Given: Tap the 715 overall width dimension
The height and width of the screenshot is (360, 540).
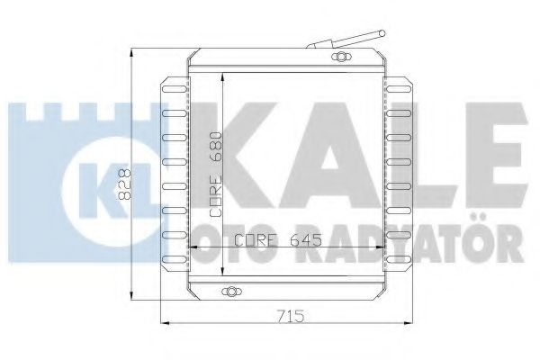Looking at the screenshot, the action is [292, 316].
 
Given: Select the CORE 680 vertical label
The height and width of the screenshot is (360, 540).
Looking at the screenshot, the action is [216, 175].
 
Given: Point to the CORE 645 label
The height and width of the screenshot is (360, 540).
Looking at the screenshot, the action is [278, 239].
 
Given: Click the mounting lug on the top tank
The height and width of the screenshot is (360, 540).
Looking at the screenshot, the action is [341, 57].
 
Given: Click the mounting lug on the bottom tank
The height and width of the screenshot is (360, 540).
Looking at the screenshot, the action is [231, 292].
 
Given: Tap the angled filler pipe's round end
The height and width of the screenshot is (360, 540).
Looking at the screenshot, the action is [382, 33].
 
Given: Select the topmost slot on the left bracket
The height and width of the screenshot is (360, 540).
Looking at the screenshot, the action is [175, 89].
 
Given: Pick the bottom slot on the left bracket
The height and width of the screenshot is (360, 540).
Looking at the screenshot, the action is [175, 258].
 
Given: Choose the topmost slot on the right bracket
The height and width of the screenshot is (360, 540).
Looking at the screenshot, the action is [399, 89].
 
